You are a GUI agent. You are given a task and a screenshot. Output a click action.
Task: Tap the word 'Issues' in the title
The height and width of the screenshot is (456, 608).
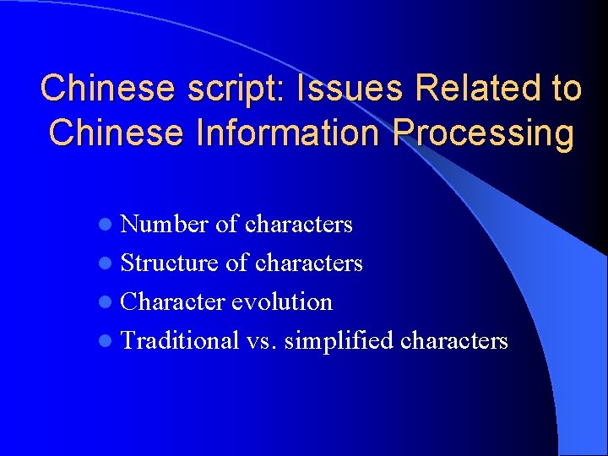click(325, 89)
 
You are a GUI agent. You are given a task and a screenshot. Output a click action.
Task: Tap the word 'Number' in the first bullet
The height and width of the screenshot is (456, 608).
click(165, 224)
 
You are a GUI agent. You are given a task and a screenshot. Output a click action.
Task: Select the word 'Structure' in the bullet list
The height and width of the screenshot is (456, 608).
click(170, 263)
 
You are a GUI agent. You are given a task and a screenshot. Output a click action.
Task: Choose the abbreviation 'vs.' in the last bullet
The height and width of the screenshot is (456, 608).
click(263, 340)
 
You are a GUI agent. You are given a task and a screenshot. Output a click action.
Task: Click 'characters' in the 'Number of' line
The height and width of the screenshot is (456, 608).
click(299, 224)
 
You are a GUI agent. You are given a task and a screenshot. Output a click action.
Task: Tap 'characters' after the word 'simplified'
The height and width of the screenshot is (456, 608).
click(454, 340)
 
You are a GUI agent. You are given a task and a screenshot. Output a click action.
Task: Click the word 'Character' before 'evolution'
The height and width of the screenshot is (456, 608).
click(173, 301)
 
